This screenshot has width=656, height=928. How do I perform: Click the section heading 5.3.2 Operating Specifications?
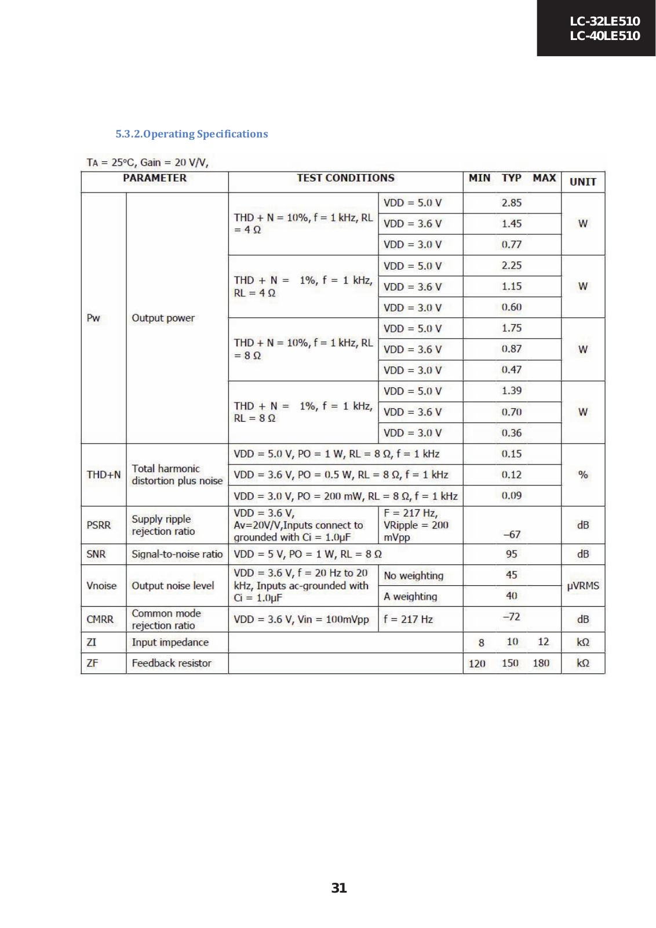coord(191,134)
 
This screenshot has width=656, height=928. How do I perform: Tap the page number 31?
coord(339,887)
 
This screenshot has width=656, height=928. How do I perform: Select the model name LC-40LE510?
coord(604,36)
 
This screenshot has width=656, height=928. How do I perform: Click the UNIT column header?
coord(582,182)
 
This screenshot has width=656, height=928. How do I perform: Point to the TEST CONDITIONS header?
coord(345,178)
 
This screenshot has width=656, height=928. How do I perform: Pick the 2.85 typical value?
coord(512,202)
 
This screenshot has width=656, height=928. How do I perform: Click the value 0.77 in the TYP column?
coord(512,244)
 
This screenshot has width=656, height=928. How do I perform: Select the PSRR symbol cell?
coord(99,525)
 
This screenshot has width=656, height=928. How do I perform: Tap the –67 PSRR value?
coord(512,534)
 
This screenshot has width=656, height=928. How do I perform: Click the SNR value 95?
coord(512,554)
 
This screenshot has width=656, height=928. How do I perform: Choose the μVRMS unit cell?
coord(583,586)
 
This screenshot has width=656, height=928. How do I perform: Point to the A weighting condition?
coord(410,596)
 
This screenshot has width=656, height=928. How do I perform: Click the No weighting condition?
coord(413,575)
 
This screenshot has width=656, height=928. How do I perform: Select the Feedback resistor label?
coord(172,663)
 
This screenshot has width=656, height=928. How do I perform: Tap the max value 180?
coord(541,663)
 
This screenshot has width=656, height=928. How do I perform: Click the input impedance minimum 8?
coord(481,643)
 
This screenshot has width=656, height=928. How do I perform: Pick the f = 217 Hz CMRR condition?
coord(408,619)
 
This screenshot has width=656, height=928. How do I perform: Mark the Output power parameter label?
coord(163,318)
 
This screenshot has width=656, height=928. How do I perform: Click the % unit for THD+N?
coord(583,474)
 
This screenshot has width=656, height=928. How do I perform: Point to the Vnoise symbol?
coord(101,586)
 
